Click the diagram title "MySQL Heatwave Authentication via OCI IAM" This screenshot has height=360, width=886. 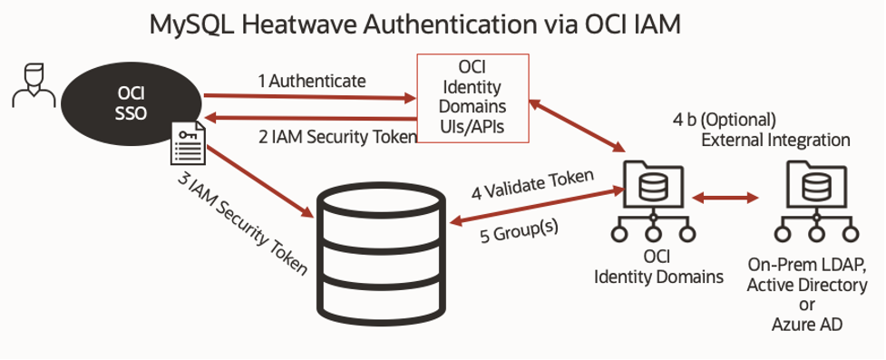coord(415,24)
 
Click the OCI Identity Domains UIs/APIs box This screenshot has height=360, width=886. coord(472,98)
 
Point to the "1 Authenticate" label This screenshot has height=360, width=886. coord(312,81)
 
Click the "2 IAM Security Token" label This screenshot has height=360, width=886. coord(336,136)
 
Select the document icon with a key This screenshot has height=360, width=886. coord(188,144)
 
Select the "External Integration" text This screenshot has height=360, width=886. coord(775,141)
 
